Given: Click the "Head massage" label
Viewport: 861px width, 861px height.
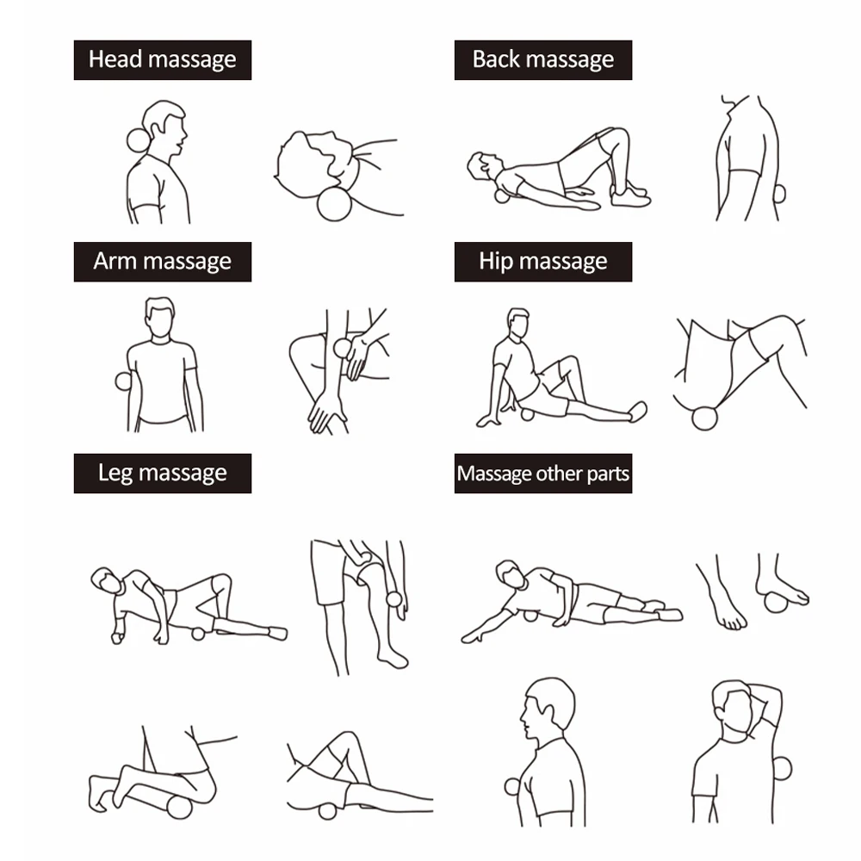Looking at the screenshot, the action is pyautogui.click(x=163, y=60).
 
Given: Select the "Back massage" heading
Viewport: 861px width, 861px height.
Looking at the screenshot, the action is pyautogui.click(x=543, y=60).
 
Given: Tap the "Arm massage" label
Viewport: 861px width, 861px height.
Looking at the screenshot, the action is pyautogui.click(x=163, y=262).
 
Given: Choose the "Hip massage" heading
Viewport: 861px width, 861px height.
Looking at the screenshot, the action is pyautogui.click(x=543, y=262).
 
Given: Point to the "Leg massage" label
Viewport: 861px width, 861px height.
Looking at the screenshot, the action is pyautogui.click(x=163, y=474).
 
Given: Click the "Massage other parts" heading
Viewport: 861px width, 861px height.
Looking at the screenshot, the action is pyautogui.click(x=543, y=474).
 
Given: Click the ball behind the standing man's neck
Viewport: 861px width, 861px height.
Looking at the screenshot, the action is pyautogui.click(x=137, y=140).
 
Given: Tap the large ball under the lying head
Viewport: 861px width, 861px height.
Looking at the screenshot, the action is pyautogui.click(x=334, y=204).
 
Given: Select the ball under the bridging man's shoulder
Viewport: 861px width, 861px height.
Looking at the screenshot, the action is pyautogui.click(x=502, y=195).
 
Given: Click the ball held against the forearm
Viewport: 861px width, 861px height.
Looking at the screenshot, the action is pyautogui.click(x=342, y=348).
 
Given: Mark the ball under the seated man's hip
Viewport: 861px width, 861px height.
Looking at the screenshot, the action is pyautogui.click(x=527, y=415).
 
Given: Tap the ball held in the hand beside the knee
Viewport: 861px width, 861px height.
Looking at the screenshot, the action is pyautogui.click(x=394, y=598).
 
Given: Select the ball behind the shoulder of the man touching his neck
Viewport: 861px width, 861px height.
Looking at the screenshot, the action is pyautogui.click(x=782, y=769).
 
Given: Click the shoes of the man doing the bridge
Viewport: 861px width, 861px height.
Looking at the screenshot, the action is pyautogui.click(x=630, y=195).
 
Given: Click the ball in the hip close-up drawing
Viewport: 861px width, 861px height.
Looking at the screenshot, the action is pyautogui.click(x=704, y=418).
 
